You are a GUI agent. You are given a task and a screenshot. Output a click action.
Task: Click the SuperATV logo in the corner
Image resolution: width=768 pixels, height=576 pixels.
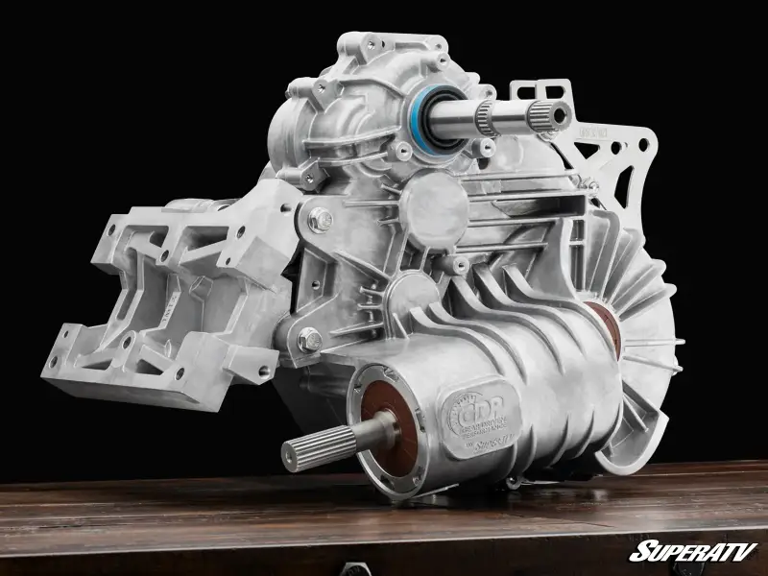pos(692,551)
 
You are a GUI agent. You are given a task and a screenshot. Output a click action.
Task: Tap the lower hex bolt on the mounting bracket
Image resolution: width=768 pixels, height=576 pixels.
pos(309,339)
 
